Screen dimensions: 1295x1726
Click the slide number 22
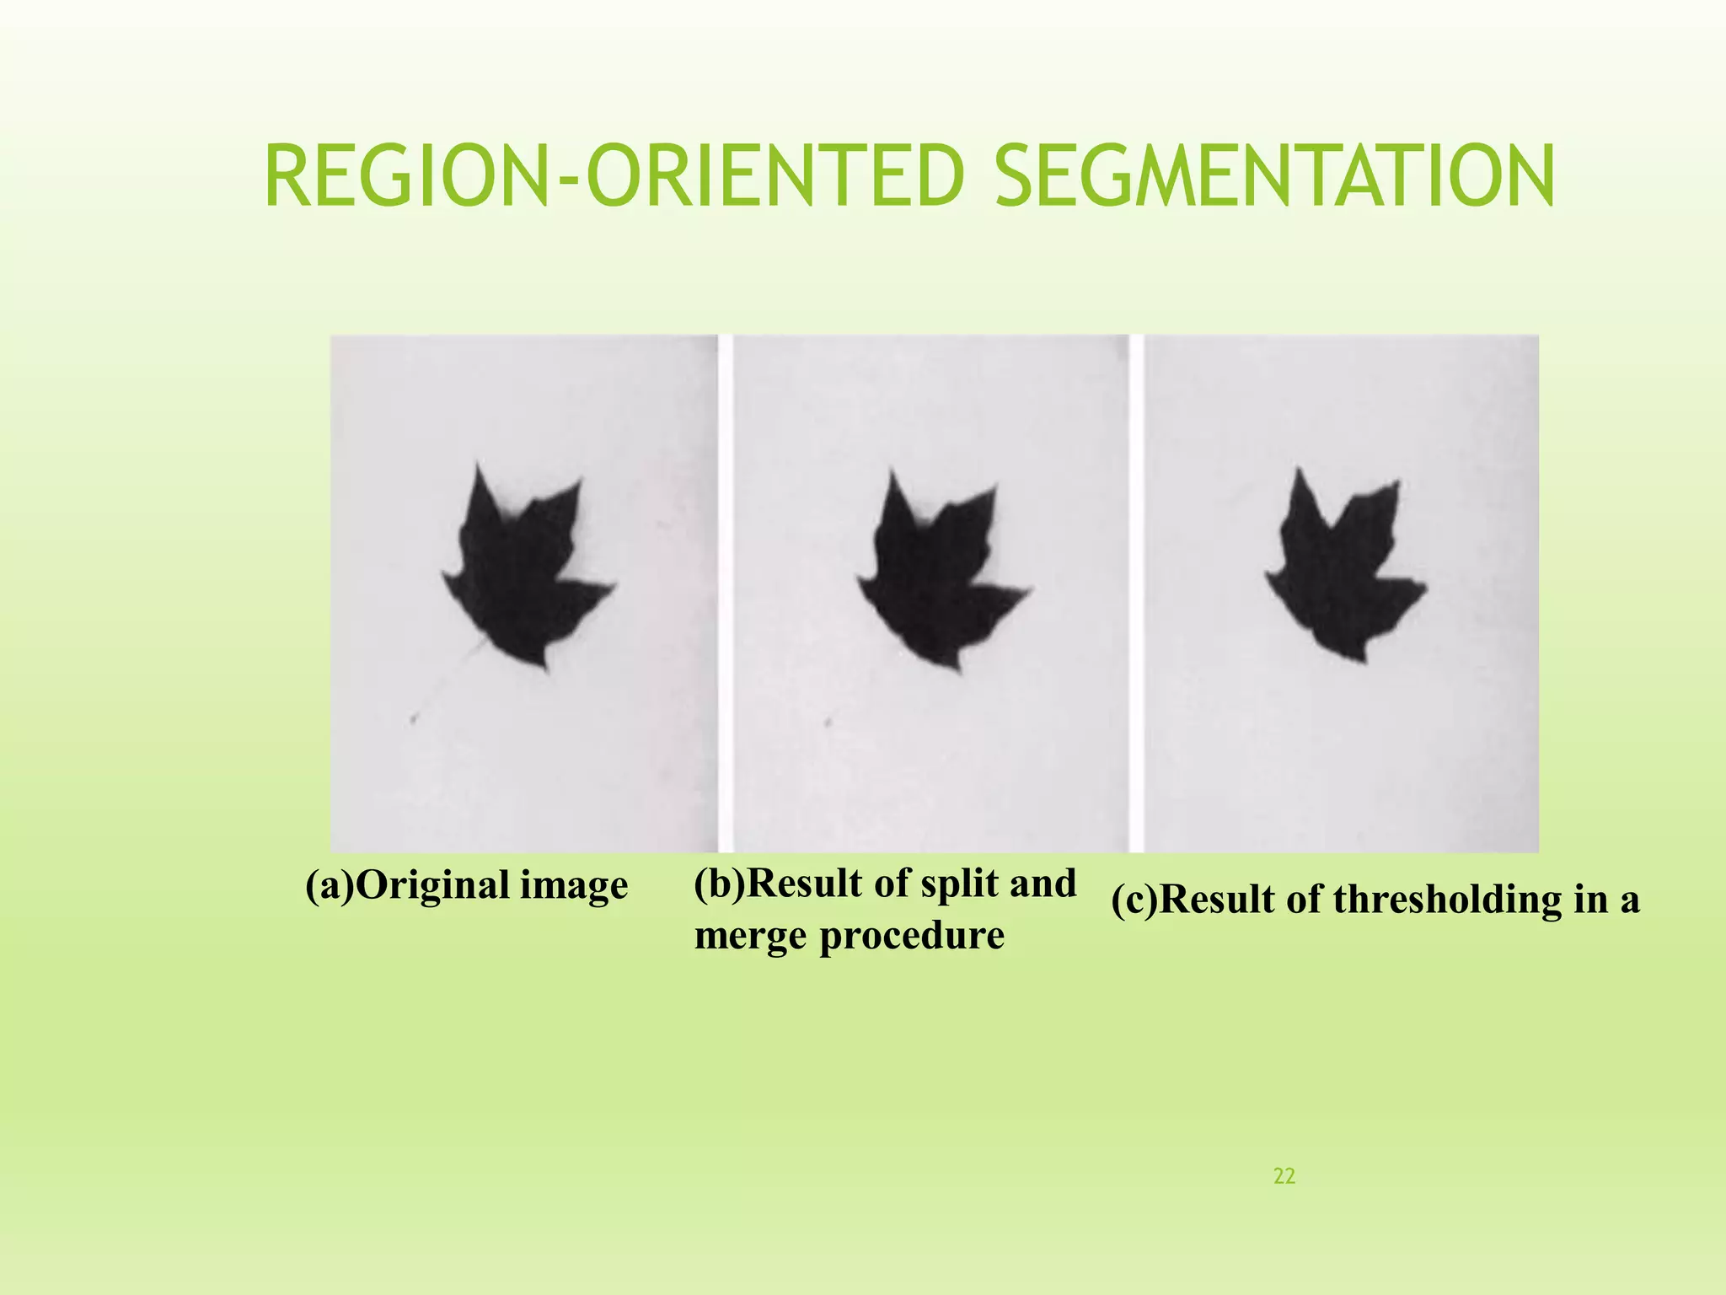click(x=1284, y=1176)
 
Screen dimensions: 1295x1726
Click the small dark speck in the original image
click(x=414, y=719)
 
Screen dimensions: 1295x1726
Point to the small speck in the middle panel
click(x=829, y=722)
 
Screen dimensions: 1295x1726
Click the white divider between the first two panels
click(x=725, y=590)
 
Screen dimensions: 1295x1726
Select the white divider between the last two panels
click(x=1136, y=590)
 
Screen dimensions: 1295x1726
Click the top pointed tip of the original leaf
click(x=478, y=465)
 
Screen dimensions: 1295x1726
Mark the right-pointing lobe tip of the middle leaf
click(x=1030, y=588)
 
